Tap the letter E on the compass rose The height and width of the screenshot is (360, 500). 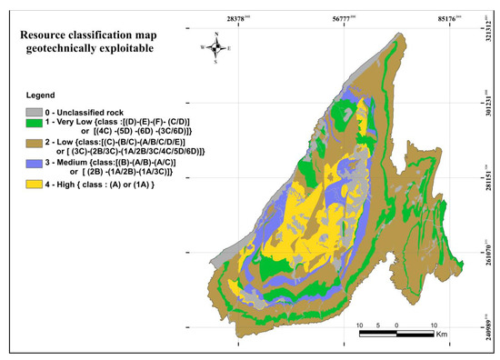pyautogui.click(x=229, y=47)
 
